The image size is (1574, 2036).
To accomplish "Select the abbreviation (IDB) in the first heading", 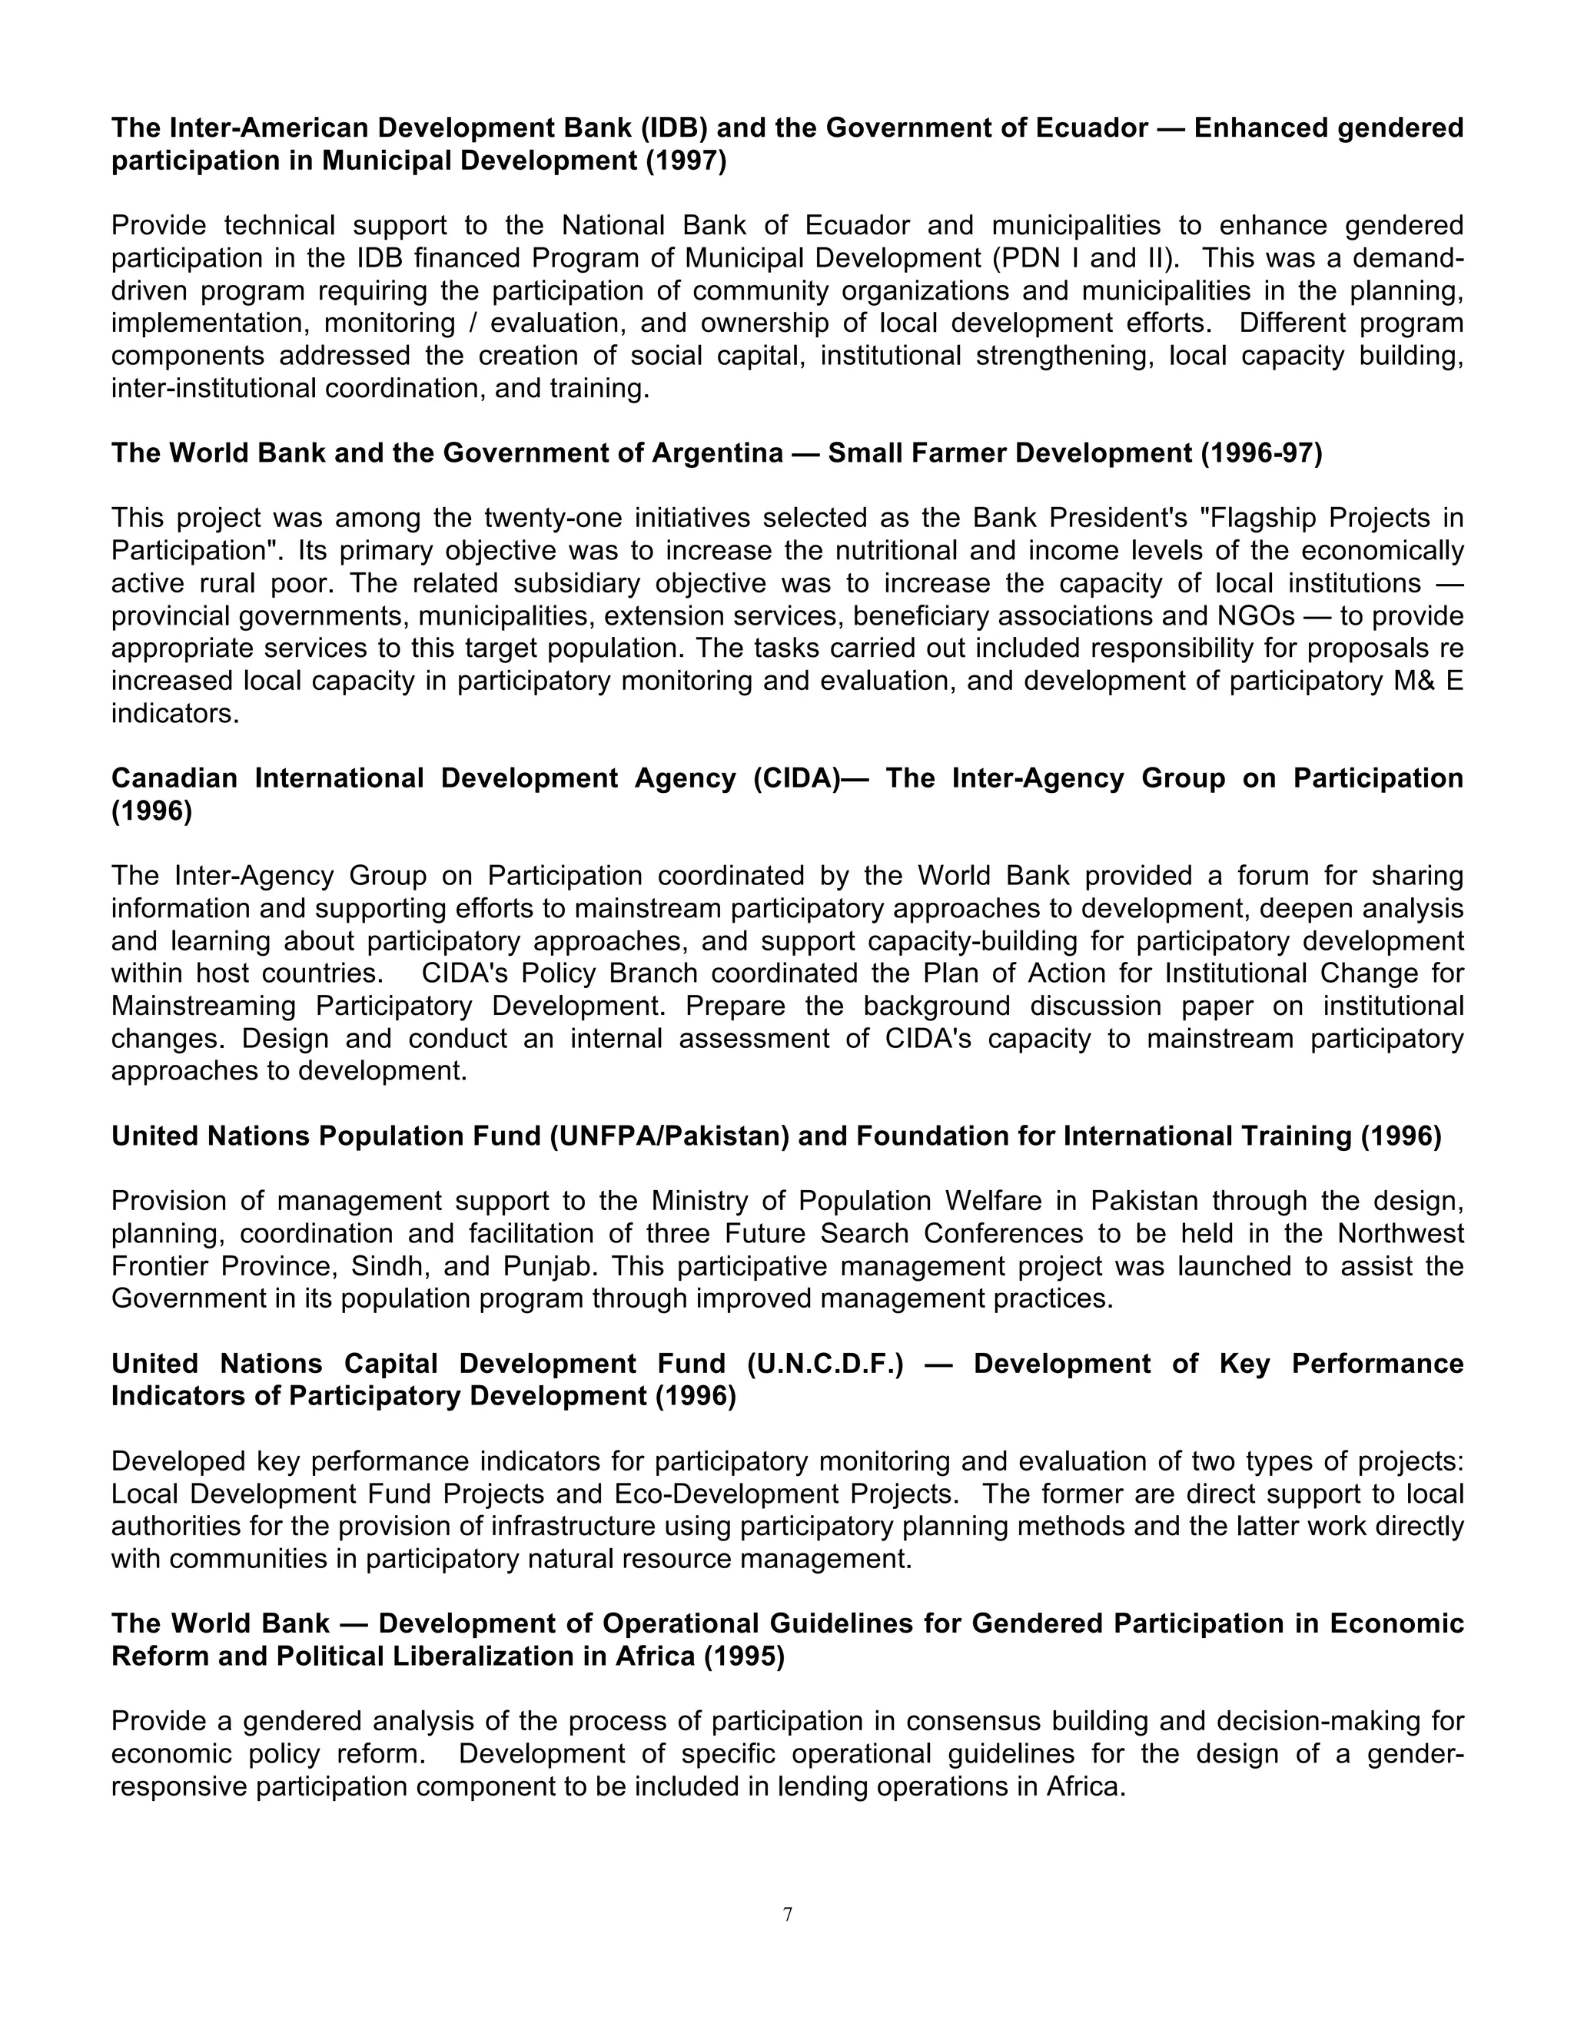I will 672,128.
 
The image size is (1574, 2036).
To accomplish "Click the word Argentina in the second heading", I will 716,453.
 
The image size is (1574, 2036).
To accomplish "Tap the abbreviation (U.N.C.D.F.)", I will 825,1364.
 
